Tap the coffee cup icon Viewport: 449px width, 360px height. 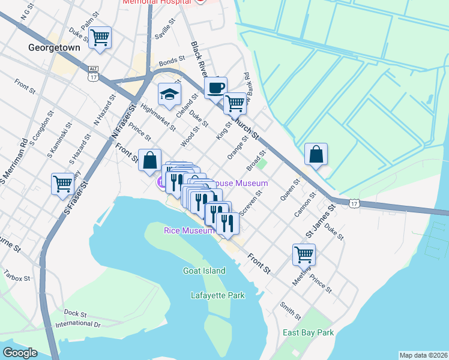point(215,87)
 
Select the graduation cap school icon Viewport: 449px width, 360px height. point(169,94)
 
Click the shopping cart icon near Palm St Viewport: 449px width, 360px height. point(100,38)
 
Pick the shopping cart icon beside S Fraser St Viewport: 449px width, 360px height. point(62,184)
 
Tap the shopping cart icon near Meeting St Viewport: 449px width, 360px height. point(304,254)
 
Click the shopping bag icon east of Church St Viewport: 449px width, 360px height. point(316,154)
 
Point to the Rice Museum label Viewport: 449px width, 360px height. point(189,230)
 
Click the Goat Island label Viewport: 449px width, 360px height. point(204,271)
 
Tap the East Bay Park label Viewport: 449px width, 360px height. point(309,332)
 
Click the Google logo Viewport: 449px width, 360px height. point(20,353)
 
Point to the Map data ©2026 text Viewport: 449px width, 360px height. point(423,355)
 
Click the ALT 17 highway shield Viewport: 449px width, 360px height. point(92,73)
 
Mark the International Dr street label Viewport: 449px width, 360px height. point(78,324)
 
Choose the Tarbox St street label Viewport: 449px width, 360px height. point(16,278)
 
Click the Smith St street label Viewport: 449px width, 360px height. point(290,310)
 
